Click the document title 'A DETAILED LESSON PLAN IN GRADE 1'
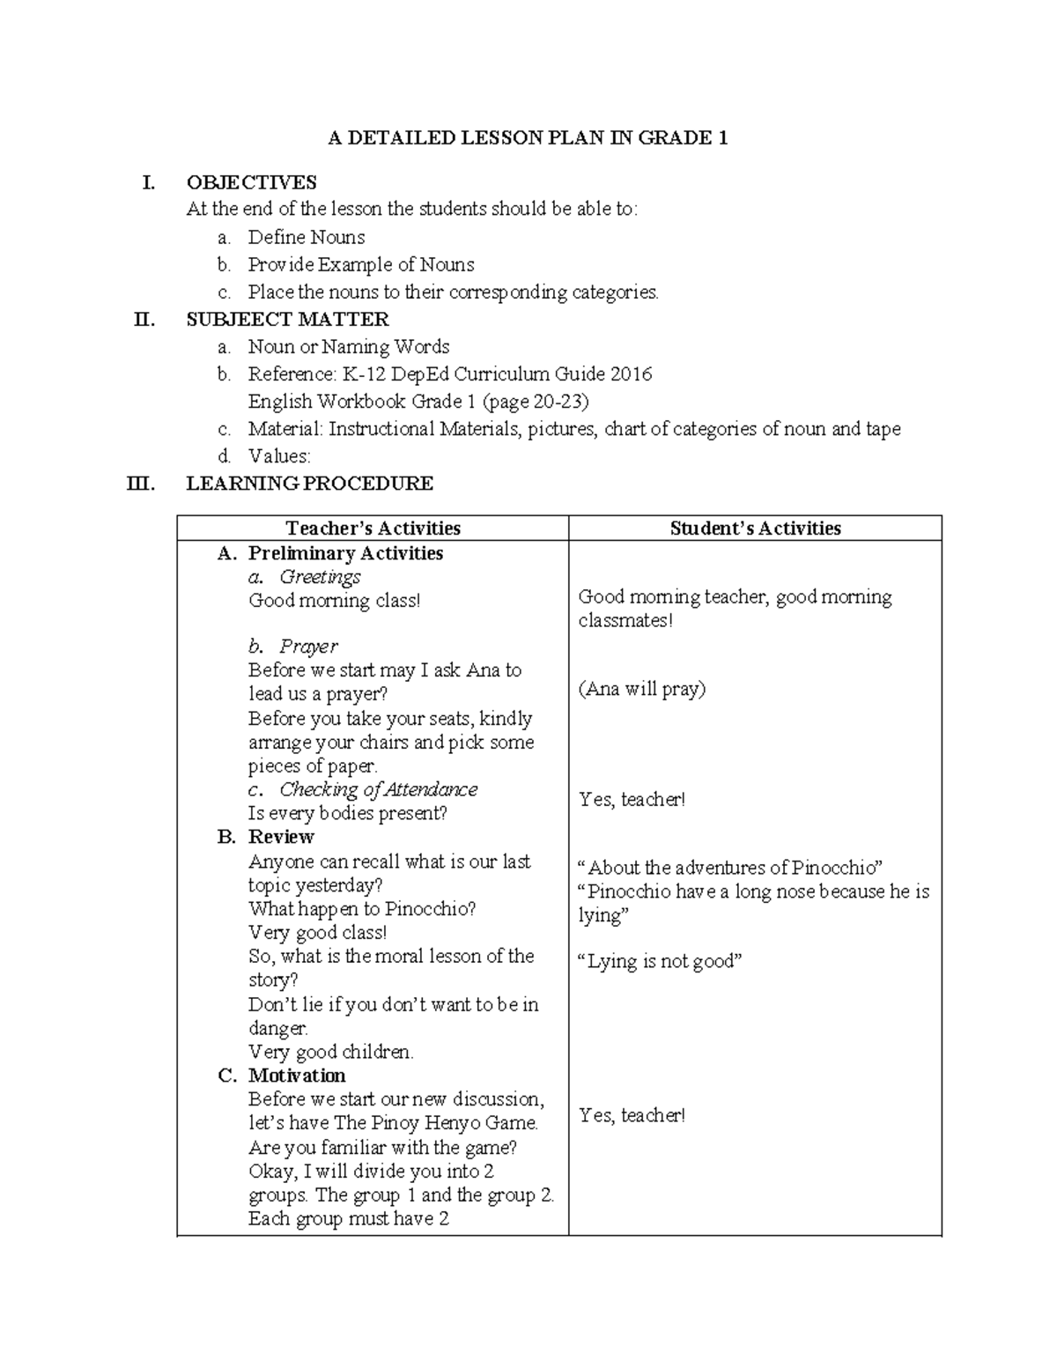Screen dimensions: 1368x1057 tap(528, 137)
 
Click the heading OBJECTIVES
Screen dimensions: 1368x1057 tap(251, 182)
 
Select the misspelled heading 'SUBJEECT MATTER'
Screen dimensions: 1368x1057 tap(287, 319)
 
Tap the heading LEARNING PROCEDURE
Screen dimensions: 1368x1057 tap(309, 483)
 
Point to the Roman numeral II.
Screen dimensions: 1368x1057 tap(144, 319)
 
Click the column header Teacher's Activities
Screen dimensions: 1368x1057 tap(373, 528)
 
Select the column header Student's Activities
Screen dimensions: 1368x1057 tap(755, 528)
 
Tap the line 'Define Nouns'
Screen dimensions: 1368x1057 tap(306, 237)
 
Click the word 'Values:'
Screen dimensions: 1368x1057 tap(279, 456)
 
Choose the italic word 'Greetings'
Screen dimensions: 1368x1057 tap(320, 577)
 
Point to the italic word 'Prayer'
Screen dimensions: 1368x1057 tap(308, 647)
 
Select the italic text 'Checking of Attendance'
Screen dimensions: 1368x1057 tap(378, 789)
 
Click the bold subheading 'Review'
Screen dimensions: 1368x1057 tap(281, 837)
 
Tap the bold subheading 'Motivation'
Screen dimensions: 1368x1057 tap(297, 1076)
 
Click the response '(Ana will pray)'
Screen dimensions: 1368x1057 tap(641, 689)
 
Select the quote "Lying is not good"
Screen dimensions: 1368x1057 tap(659, 961)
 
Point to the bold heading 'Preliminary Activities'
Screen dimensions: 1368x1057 tap(345, 553)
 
